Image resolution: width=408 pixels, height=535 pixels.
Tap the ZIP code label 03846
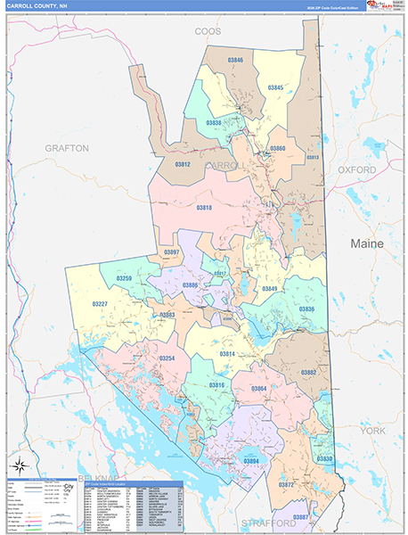pyautogui.click(x=235, y=60)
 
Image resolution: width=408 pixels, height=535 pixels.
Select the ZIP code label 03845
pyautogui.click(x=276, y=87)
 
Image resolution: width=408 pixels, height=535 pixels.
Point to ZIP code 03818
pyautogui.click(x=204, y=207)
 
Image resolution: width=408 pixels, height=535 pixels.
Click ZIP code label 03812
pyautogui.click(x=182, y=165)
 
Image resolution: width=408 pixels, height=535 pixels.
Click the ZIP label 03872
pyautogui.click(x=286, y=484)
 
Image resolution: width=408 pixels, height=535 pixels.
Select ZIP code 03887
pyautogui.click(x=301, y=517)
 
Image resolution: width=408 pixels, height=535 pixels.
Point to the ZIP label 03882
pyautogui.click(x=308, y=372)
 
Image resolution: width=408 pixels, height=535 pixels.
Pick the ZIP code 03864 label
pyautogui.click(x=258, y=389)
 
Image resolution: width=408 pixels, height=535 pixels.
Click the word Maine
pyautogui.click(x=366, y=243)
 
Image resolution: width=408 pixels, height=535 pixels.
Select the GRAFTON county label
pyautogui.click(x=68, y=148)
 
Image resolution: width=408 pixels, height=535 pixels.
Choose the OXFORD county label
pyautogui.click(x=357, y=169)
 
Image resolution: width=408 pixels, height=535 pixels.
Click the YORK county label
pyautogui.click(x=372, y=430)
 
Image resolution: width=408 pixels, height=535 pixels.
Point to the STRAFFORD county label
pyautogui.click(x=267, y=522)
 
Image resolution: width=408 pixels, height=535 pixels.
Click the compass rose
pyautogui.click(x=17, y=466)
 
